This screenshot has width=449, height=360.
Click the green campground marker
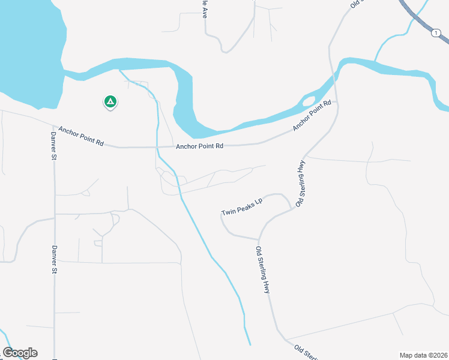110,102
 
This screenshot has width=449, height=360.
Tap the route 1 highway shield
435,34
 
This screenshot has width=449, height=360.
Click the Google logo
20,353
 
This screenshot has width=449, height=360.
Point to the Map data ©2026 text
423,355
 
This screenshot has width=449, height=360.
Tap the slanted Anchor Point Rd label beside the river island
312,116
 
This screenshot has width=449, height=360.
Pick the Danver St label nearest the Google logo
54,259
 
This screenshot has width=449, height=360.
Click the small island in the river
309,100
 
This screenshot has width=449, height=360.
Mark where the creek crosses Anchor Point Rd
158,146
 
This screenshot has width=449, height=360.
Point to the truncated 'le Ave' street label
204,8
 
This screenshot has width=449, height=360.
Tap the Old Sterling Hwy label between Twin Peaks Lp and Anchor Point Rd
301,182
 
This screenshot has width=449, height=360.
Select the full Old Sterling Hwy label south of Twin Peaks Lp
263,270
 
